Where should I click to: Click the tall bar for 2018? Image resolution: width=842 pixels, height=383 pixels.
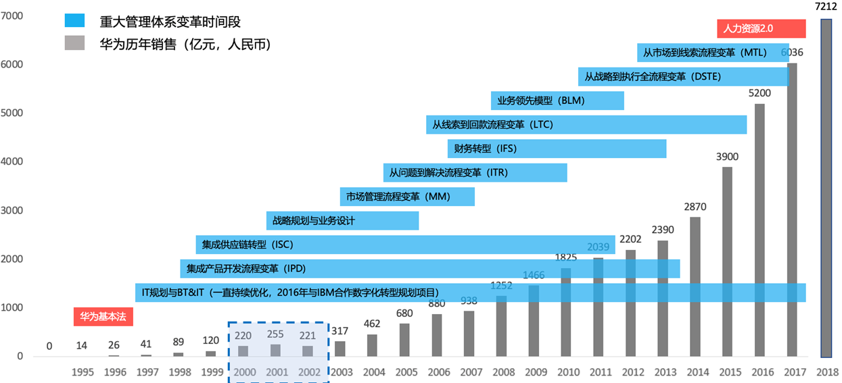coord(826,189)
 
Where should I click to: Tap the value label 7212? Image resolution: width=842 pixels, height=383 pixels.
coord(826,7)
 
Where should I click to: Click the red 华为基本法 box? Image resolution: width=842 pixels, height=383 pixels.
coord(103,316)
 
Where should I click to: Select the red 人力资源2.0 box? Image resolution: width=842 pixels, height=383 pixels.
coord(762,29)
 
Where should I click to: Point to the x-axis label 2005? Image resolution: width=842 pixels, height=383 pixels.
coord(407,372)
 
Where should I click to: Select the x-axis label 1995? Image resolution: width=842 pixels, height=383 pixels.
coord(83,372)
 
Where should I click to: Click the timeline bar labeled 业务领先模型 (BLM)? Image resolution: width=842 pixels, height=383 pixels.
coord(557,101)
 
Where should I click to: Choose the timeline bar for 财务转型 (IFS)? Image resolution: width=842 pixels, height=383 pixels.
coord(557,149)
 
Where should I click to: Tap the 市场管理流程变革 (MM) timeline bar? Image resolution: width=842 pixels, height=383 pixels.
coord(407,197)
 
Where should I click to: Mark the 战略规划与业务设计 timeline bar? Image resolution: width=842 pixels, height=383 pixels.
coord(342,221)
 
